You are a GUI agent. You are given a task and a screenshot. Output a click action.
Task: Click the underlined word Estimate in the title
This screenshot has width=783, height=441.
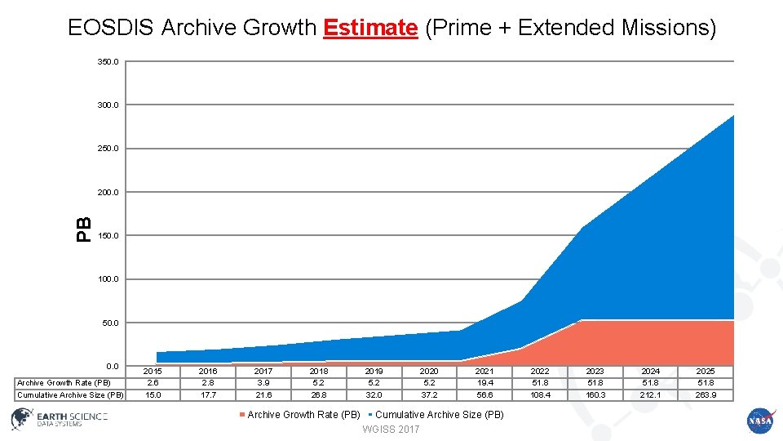[370, 28]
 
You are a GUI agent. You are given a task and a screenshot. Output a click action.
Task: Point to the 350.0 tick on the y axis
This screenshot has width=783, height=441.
[108, 62]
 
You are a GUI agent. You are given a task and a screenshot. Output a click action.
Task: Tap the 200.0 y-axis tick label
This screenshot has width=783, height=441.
[108, 193]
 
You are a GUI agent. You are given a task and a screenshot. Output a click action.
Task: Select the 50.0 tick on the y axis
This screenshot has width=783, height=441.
[109, 323]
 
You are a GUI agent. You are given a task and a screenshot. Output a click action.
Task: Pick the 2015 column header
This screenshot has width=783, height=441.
[153, 371]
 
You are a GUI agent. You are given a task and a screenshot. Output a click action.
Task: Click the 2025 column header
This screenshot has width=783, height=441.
[706, 371]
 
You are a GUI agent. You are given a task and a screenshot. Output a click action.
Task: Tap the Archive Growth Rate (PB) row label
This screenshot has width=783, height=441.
[64, 383]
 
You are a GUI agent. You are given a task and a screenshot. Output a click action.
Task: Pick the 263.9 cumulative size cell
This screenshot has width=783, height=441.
[706, 395]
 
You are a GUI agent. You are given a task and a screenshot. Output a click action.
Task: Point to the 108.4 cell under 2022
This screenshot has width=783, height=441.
[540, 395]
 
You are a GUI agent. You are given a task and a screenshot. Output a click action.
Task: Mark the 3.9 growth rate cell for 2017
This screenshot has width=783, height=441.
[263, 383]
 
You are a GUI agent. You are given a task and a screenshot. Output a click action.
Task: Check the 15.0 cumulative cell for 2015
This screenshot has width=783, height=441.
[153, 395]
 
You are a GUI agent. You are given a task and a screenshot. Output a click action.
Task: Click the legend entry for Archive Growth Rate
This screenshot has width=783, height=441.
[299, 415]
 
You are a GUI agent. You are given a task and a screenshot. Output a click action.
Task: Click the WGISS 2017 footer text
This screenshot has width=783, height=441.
[391, 430]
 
